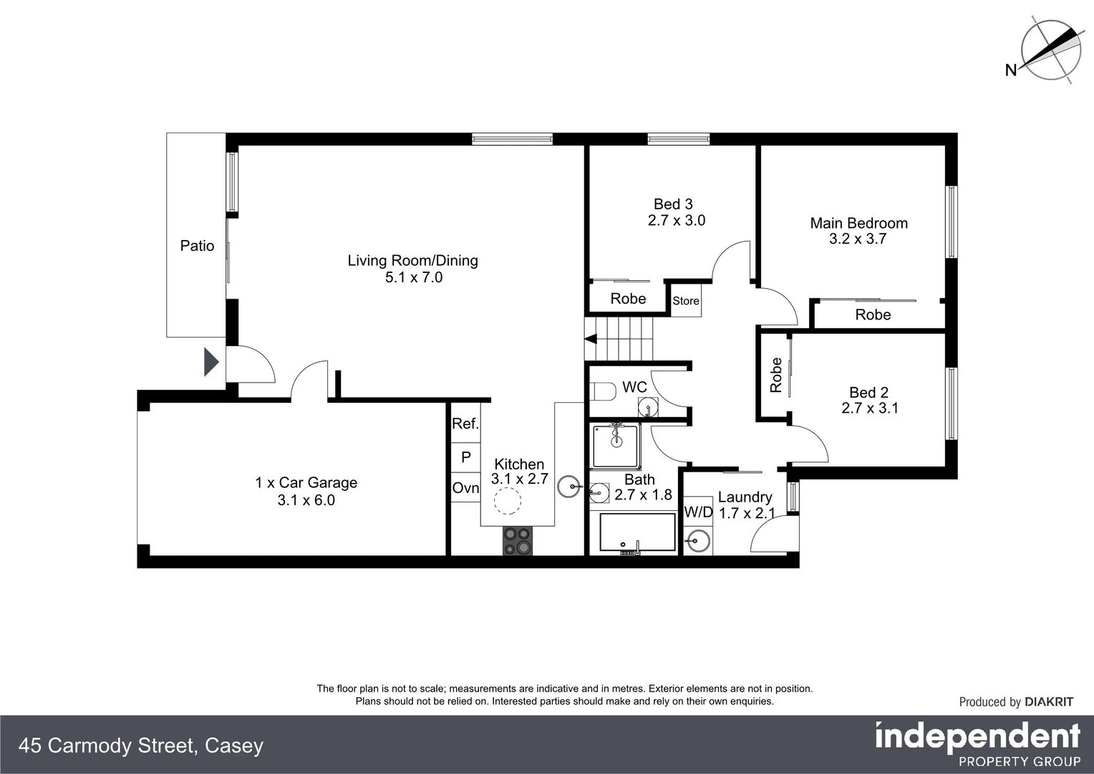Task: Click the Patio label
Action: (x=197, y=246)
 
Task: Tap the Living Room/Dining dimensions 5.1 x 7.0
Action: (x=413, y=277)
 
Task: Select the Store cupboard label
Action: (x=685, y=301)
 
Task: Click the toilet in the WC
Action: (x=604, y=392)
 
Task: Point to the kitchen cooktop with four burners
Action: (x=518, y=541)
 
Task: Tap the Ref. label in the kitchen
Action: (x=465, y=424)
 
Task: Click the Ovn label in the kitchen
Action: (x=465, y=488)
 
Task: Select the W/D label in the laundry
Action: (x=698, y=512)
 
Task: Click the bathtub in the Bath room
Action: (x=637, y=532)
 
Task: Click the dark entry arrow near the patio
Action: (x=210, y=362)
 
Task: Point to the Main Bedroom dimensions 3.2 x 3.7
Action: (x=858, y=239)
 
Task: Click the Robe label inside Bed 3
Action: (x=628, y=299)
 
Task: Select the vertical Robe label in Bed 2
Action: (x=775, y=375)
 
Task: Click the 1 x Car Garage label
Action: (x=306, y=483)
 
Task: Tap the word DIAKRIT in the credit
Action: (x=1049, y=702)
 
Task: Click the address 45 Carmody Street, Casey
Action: (x=141, y=746)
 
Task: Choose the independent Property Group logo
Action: (x=977, y=745)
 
